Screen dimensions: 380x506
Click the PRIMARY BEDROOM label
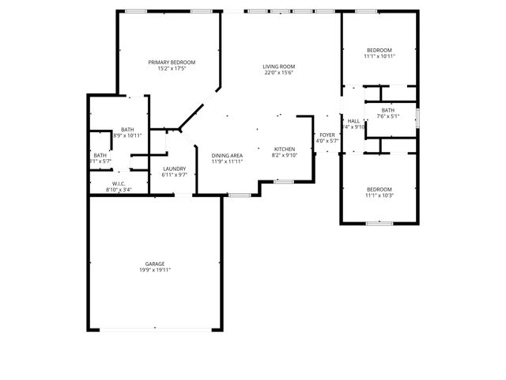172,63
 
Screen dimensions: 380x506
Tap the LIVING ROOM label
279,66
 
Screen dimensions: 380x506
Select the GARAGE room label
154,264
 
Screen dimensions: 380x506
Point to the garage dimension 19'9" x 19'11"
154,270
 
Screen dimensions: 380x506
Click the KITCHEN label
285,149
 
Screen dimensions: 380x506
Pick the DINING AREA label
227,155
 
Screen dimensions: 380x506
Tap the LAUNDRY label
174,169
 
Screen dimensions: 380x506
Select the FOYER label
327,135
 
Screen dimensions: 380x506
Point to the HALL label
353,121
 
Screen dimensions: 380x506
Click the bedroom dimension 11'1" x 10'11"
379,56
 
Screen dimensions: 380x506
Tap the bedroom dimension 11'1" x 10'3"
379,196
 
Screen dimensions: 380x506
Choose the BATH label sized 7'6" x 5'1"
387,110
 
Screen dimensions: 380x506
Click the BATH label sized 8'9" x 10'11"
127,130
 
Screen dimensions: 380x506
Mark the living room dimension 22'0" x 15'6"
279,73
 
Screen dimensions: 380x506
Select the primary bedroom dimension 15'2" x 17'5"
172,69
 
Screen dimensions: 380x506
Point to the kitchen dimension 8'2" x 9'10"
285,155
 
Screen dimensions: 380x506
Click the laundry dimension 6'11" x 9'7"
174,175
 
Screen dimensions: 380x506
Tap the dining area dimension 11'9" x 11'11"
227,161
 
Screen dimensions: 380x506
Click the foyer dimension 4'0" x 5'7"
327,142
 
